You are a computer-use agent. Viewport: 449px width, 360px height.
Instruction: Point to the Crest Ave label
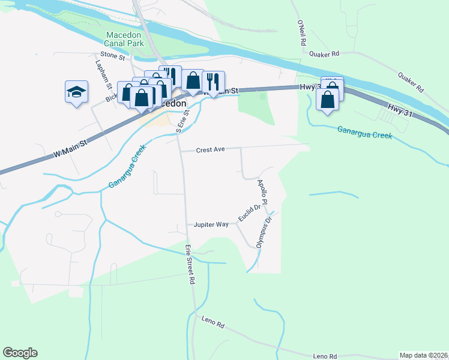(210, 149)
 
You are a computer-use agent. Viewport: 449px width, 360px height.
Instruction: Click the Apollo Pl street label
(262, 190)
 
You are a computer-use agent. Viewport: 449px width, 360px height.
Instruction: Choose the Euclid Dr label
(248, 213)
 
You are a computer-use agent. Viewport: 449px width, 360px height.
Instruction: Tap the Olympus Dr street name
(265, 233)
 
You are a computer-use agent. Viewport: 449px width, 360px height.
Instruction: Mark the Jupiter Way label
(211, 224)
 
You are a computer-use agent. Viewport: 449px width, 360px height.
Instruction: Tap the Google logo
(20, 353)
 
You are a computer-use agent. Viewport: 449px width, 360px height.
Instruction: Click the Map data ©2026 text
(423, 355)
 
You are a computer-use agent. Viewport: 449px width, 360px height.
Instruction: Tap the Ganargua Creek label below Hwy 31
(364, 132)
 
